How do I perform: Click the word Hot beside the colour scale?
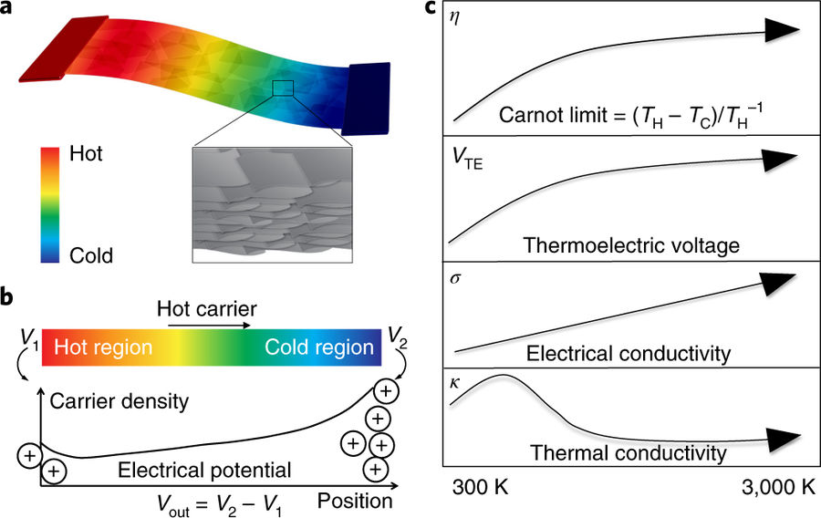point(87,154)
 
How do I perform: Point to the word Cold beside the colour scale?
point(91,256)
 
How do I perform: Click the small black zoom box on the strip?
point(284,88)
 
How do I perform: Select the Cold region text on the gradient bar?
point(319,347)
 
